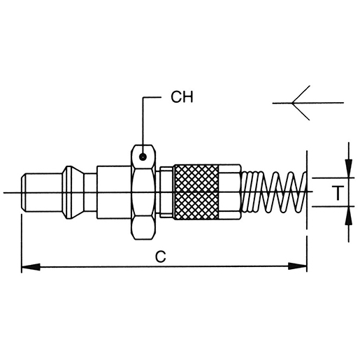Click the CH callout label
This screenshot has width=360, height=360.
coord(182,97)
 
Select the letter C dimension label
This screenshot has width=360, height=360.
coord(161,257)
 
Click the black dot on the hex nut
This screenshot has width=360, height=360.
coord(143,157)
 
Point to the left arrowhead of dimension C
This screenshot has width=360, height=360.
coord(31,266)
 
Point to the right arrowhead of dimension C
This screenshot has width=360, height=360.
coord(297,266)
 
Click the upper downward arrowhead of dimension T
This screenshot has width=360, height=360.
coord(349,168)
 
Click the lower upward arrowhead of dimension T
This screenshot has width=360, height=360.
coord(349,216)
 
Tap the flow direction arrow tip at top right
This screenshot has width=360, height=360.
coord(292,103)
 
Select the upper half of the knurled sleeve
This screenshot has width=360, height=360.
coord(196,178)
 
